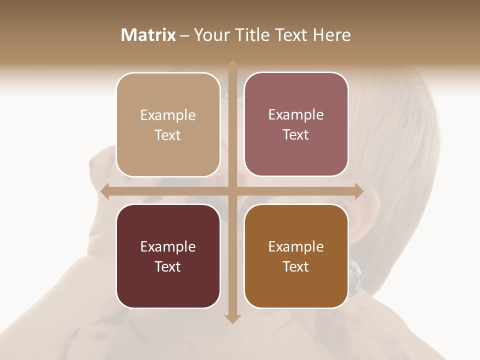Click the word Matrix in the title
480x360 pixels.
148,35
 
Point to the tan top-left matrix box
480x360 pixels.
168,155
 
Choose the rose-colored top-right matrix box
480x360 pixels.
296,155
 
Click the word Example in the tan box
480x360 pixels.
168,115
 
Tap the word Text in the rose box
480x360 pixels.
296,135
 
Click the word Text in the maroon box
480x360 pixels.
168,266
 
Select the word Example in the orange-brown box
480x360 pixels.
296,246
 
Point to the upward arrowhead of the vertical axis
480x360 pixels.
232,64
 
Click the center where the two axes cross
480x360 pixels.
232,191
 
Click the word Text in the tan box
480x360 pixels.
168,135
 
